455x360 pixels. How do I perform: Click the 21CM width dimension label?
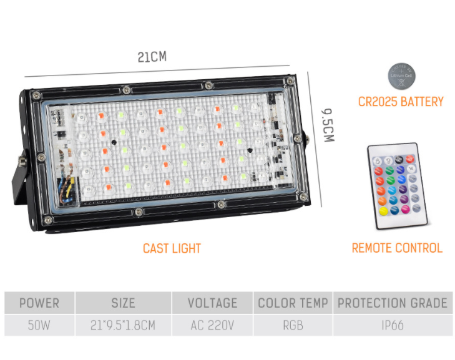click(152, 57)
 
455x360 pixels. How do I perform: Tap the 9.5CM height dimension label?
click(328, 125)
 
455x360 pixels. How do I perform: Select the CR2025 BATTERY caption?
click(401, 102)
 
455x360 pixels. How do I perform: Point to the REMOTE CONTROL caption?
click(397, 248)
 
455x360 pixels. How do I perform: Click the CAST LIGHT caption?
click(172, 248)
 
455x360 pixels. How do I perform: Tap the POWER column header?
click(39, 303)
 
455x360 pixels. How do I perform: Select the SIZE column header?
click(123, 303)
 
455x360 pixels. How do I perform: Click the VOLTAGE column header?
click(212, 303)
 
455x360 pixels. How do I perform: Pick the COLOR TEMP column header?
click(293, 303)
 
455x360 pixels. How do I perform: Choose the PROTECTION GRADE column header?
click(393, 303)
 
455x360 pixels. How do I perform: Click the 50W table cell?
click(39, 325)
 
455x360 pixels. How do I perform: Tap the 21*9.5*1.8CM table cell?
click(123, 325)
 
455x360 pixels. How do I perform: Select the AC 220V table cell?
click(212, 325)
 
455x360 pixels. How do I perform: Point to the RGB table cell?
click(293, 325)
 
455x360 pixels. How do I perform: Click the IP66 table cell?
click(393, 325)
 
